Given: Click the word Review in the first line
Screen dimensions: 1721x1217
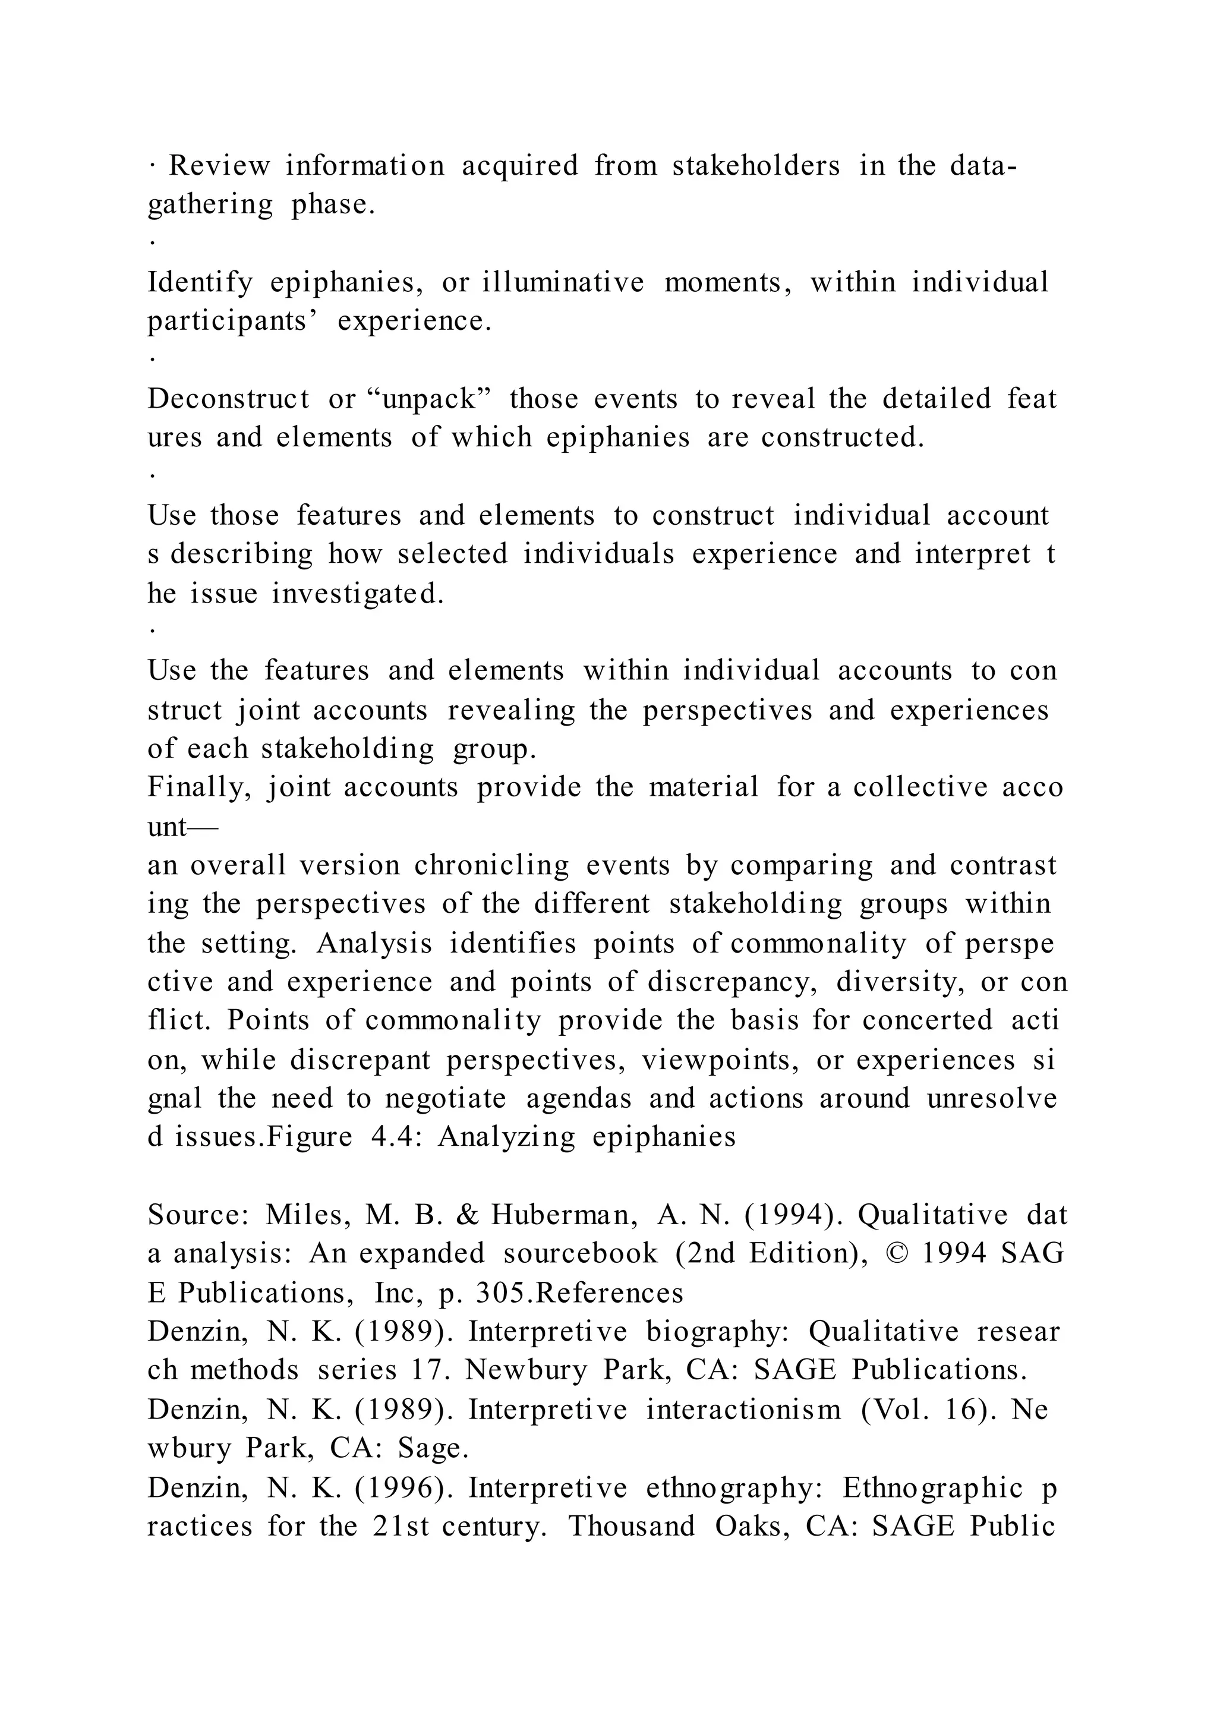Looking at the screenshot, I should (219, 166).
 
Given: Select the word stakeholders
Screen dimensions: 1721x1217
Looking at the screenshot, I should (755, 166).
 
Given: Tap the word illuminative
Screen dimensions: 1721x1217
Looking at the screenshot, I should (563, 283).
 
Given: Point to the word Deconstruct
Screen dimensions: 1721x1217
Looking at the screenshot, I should (229, 399).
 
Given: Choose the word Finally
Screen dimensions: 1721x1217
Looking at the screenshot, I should (198, 787).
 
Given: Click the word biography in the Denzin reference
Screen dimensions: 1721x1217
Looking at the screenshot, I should (718, 1332).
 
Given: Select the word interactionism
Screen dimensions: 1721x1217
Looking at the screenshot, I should (743, 1410).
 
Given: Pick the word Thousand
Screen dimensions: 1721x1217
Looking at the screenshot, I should (632, 1526).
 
